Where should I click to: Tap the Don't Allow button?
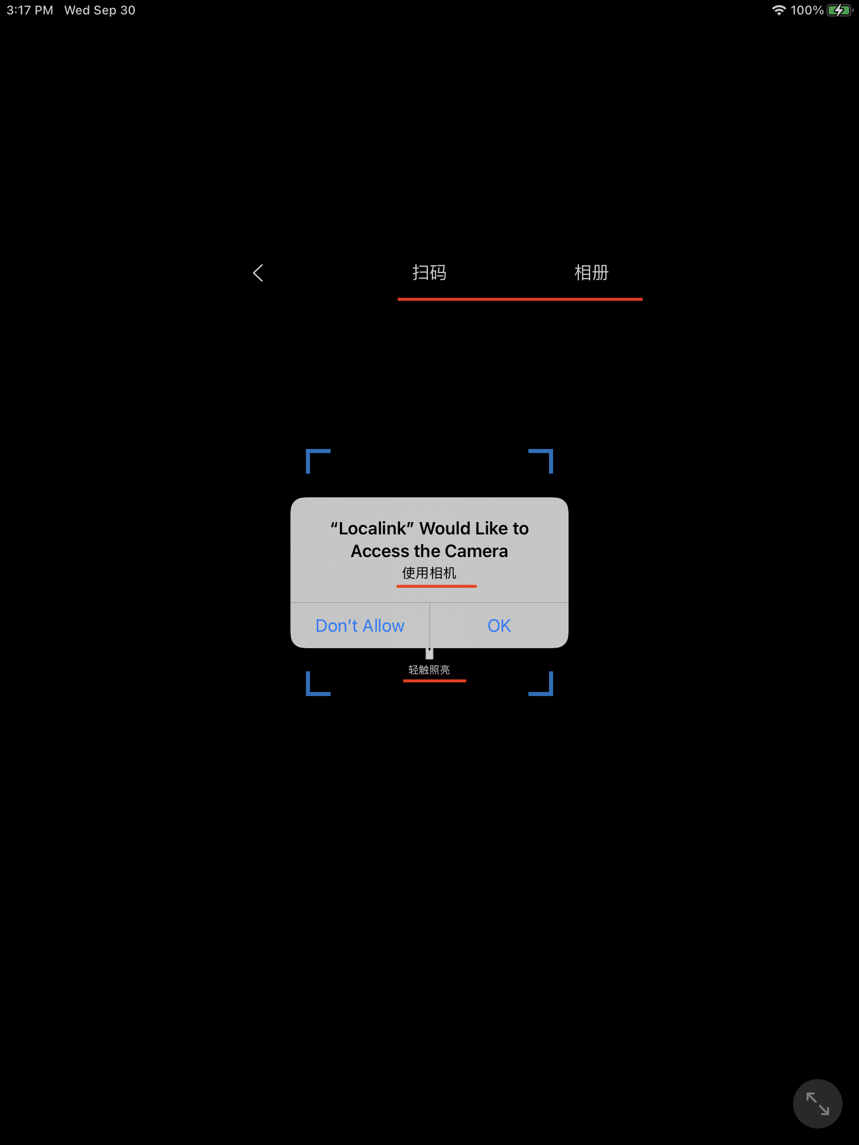360,626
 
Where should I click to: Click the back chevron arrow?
258,273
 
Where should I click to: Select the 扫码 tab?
429,272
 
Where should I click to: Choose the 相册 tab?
591,272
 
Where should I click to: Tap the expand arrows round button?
817,1104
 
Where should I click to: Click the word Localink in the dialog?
372,528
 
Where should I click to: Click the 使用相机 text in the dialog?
429,573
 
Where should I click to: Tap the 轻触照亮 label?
429,670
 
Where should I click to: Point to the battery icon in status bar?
840,10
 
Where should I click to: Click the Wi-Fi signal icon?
779,10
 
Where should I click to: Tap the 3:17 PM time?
29,10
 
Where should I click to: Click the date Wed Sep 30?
100,10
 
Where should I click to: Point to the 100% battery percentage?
806,10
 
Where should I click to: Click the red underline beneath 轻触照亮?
435,681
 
